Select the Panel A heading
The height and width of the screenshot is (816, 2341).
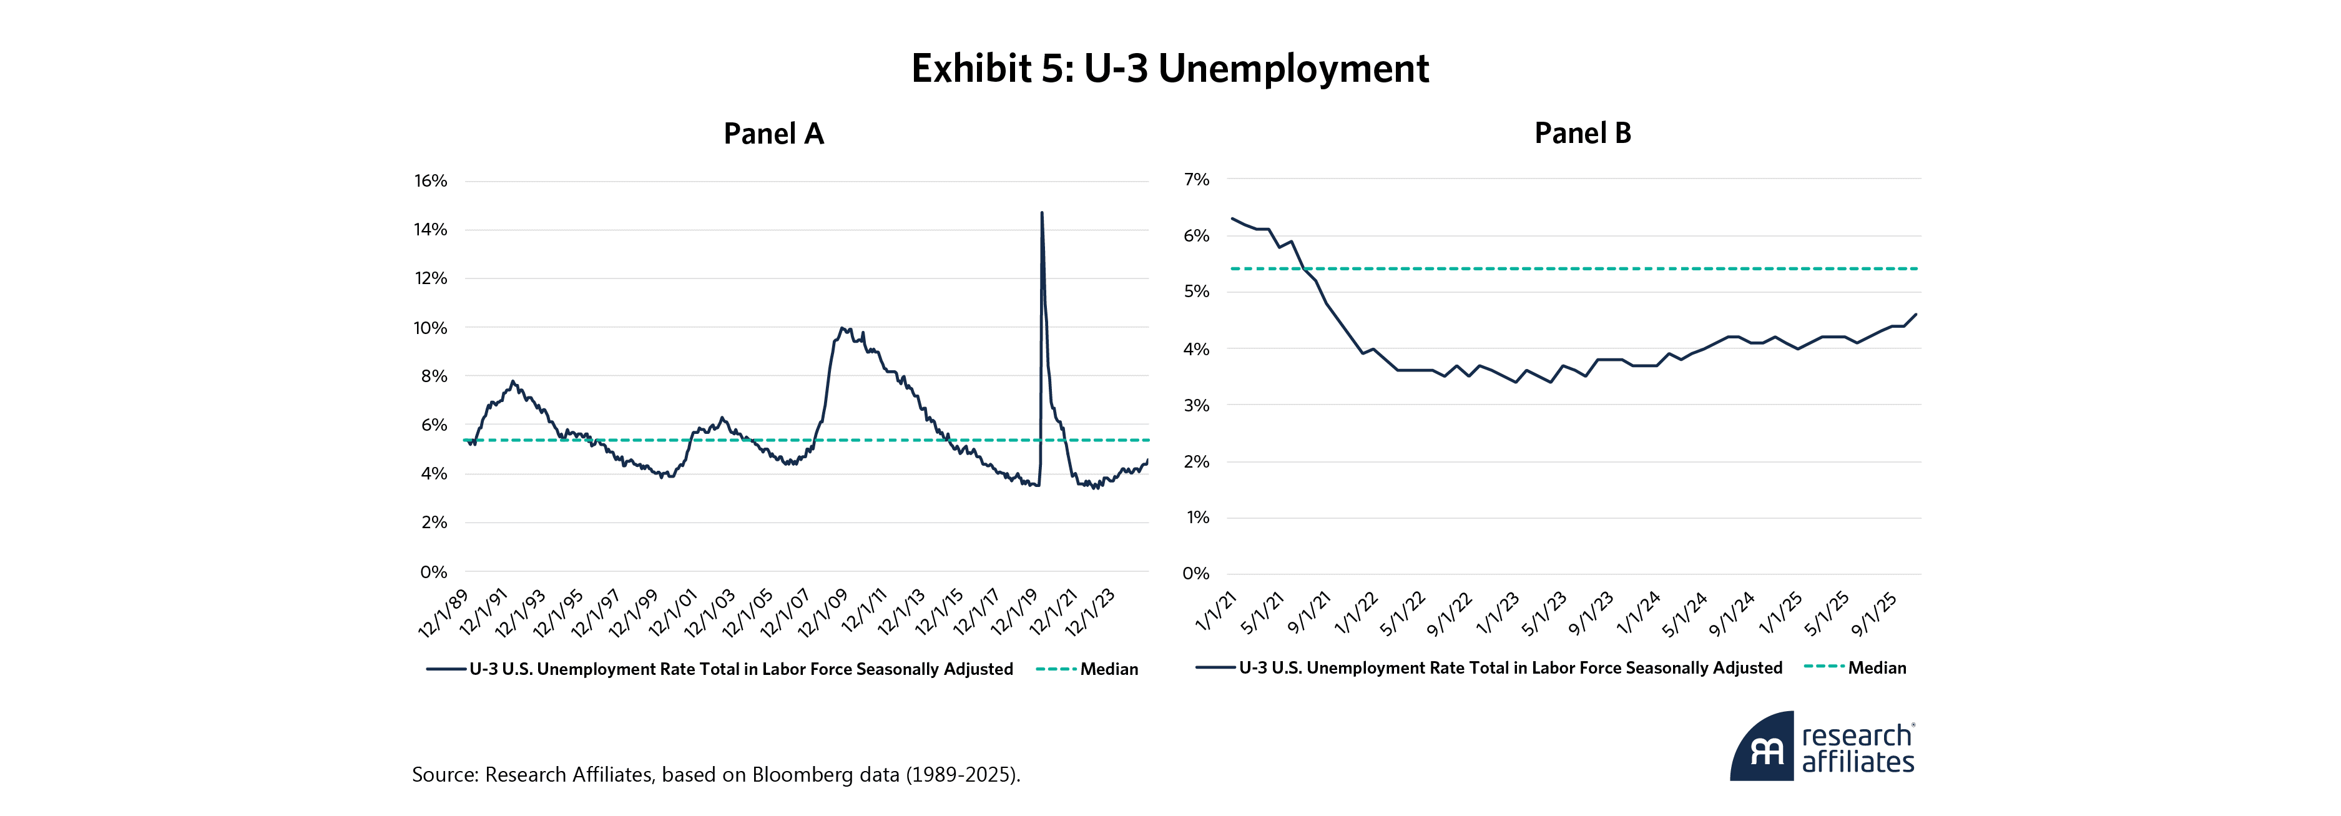773,134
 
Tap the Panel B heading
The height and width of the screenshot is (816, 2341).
1582,134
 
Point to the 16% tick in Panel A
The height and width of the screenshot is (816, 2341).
431,181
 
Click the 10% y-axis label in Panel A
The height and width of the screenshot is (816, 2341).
431,328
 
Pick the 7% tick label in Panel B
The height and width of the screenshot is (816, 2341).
1197,180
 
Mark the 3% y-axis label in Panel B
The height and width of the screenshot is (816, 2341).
1197,405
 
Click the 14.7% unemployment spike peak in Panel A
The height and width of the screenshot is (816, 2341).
1041,214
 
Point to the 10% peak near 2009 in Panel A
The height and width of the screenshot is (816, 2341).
842,328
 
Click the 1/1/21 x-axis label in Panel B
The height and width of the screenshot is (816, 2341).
1216,612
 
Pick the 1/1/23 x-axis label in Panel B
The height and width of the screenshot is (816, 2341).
1498,613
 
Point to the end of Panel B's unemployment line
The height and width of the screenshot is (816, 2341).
1916,315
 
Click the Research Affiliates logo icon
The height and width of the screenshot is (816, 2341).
1762,747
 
